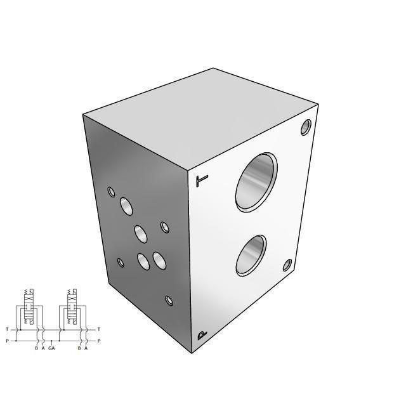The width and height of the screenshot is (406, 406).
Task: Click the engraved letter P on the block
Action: click(202, 335)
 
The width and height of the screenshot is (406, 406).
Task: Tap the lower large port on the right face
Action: click(251, 255)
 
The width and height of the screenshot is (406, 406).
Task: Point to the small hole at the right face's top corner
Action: click(306, 127)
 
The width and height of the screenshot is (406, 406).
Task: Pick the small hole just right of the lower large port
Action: click(287, 265)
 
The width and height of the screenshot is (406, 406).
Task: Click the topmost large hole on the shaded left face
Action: click(126, 206)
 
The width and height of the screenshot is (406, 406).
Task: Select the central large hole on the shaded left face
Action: click(141, 234)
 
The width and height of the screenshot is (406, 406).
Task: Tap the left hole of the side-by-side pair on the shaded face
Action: click(143, 261)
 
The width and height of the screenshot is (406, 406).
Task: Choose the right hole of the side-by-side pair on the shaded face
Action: click(159, 259)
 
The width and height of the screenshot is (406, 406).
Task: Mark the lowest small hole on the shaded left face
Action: click(169, 301)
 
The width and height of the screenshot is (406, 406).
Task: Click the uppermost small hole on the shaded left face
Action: click(112, 192)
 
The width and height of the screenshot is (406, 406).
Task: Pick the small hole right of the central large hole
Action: click(165, 227)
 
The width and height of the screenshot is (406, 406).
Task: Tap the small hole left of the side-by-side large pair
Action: click(121, 262)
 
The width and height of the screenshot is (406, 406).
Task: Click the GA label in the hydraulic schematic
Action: click(51, 348)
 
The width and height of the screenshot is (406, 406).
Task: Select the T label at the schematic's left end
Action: click(7, 329)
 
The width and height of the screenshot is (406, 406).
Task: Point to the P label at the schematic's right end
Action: click(99, 341)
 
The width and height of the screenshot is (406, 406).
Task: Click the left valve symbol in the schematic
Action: click(29, 310)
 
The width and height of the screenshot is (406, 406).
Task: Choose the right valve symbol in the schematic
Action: click(72, 310)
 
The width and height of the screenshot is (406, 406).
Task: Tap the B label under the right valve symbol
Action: click(79, 348)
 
